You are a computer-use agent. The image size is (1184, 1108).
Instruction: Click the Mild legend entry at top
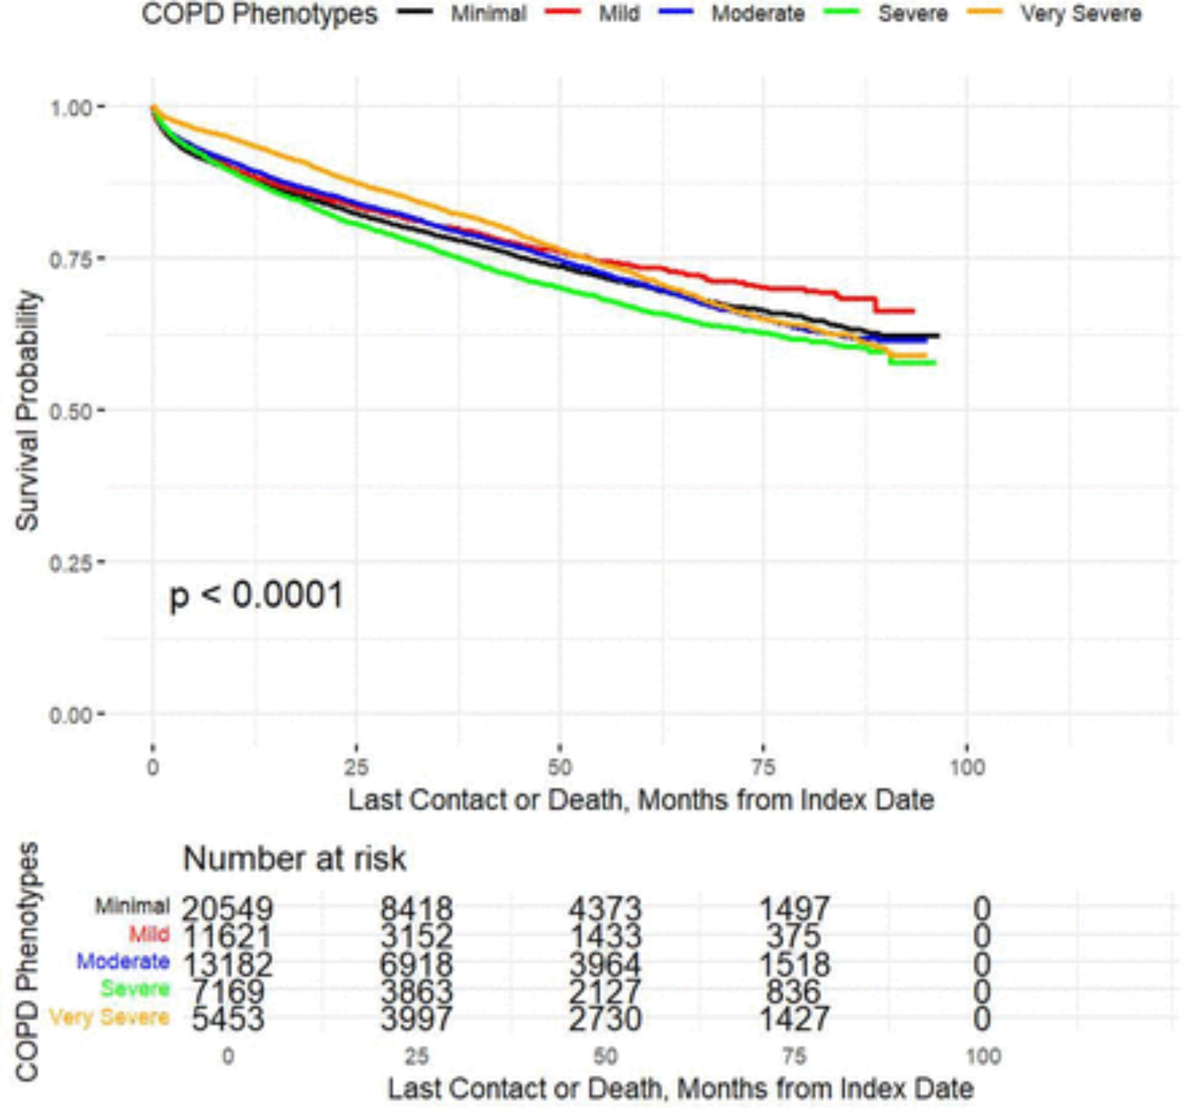pos(619,14)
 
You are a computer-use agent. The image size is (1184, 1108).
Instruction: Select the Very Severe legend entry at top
pos(1081,14)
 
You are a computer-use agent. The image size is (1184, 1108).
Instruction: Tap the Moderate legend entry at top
pos(758,14)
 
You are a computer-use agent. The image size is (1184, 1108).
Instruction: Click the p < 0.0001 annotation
pos(257,595)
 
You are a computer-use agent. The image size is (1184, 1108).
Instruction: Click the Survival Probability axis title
pos(27,411)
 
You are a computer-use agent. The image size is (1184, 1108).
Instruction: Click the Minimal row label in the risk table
pos(132,907)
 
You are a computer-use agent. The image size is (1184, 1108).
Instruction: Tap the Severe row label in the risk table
pos(135,989)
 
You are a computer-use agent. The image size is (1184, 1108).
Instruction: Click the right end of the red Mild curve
pos(913,311)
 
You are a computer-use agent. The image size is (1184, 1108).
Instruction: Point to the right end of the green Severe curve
pos(934,363)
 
